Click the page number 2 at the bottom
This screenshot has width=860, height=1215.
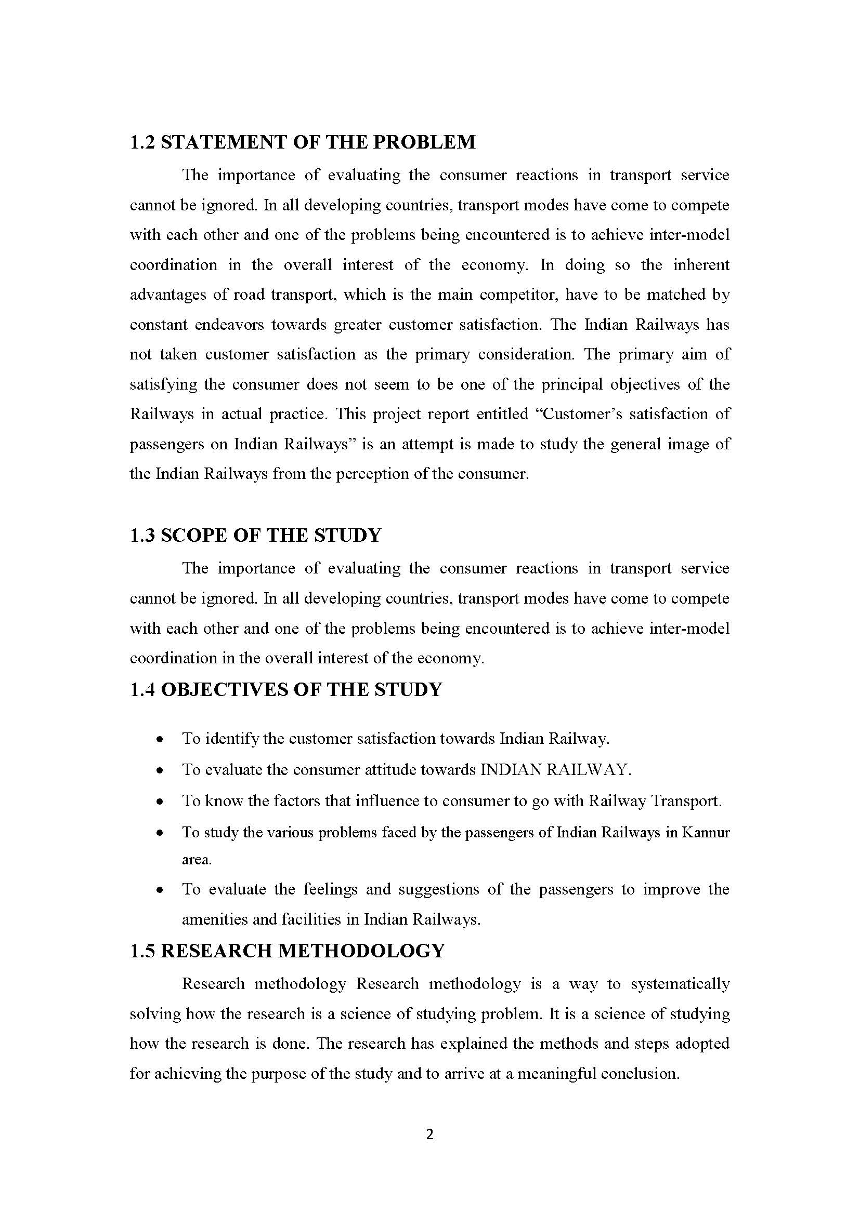[429, 1134]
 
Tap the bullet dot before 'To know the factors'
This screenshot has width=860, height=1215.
[160, 802]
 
